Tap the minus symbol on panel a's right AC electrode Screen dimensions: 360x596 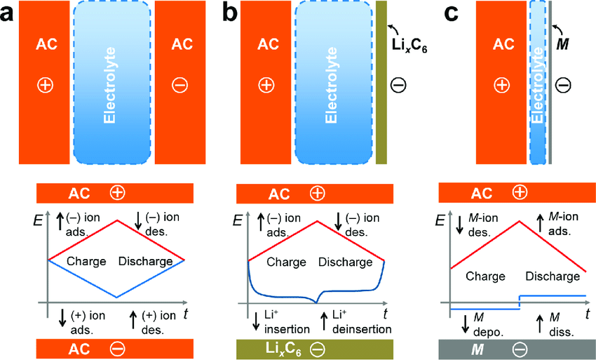click(180, 85)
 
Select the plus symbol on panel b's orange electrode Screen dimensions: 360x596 click(266, 85)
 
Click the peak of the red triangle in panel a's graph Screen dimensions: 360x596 click(116, 221)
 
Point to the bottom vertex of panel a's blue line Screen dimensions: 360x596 click(116, 298)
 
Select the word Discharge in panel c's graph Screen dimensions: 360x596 click(553, 276)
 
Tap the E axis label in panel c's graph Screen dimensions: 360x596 click(439, 220)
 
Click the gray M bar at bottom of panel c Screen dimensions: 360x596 click(512, 347)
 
